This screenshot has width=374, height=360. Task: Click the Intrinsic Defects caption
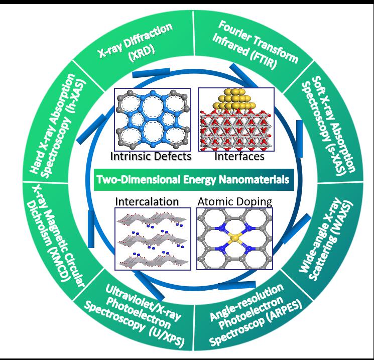tap(151, 157)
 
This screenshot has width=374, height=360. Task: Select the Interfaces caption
tap(239, 157)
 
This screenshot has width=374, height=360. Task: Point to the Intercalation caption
tap(147, 202)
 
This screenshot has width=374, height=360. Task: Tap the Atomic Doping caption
tap(235, 202)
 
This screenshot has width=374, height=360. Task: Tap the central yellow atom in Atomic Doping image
tap(235, 237)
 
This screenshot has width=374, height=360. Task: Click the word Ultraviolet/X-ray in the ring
tap(143, 302)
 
